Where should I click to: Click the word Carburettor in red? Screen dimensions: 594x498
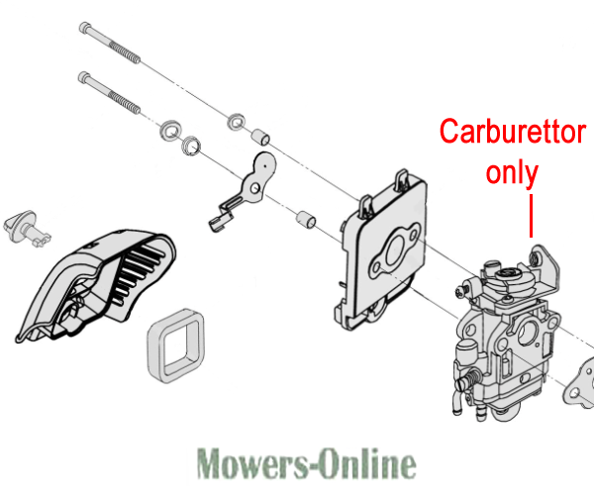point(512,131)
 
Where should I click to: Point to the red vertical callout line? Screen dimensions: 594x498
point(531,216)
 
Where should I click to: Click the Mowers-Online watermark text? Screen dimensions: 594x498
point(306,462)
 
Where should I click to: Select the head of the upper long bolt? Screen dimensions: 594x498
point(85,28)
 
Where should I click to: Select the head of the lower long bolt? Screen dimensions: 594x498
point(84,77)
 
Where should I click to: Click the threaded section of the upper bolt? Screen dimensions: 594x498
point(125,51)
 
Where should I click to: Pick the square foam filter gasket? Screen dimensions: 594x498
point(176,346)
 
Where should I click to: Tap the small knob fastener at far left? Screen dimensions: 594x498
point(26,229)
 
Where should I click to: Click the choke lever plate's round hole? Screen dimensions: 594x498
point(255,188)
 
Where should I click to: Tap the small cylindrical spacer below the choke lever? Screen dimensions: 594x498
point(305,220)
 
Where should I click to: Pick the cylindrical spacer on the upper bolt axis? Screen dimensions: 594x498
point(261,137)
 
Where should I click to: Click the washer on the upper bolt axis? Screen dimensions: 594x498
point(237,122)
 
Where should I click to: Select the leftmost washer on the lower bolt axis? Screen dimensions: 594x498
point(170,131)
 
